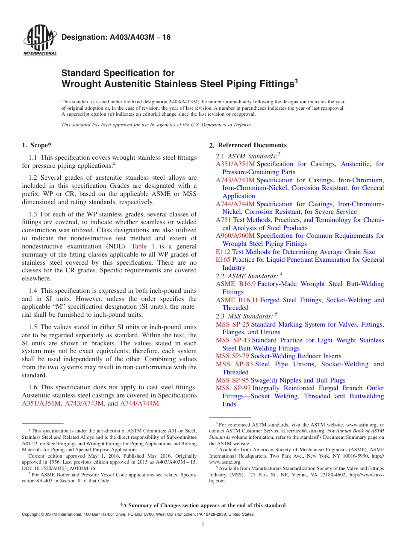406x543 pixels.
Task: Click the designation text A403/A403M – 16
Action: point(116,37)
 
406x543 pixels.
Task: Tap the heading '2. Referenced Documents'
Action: point(252,145)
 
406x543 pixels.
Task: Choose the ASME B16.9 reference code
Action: point(235,284)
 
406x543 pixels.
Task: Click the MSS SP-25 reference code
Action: point(232,324)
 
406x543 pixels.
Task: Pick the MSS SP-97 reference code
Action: point(233,388)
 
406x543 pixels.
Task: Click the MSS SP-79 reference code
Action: point(232,356)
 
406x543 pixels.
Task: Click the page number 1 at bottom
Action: point(203,524)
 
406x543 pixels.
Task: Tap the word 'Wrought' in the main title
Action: point(80,84)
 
